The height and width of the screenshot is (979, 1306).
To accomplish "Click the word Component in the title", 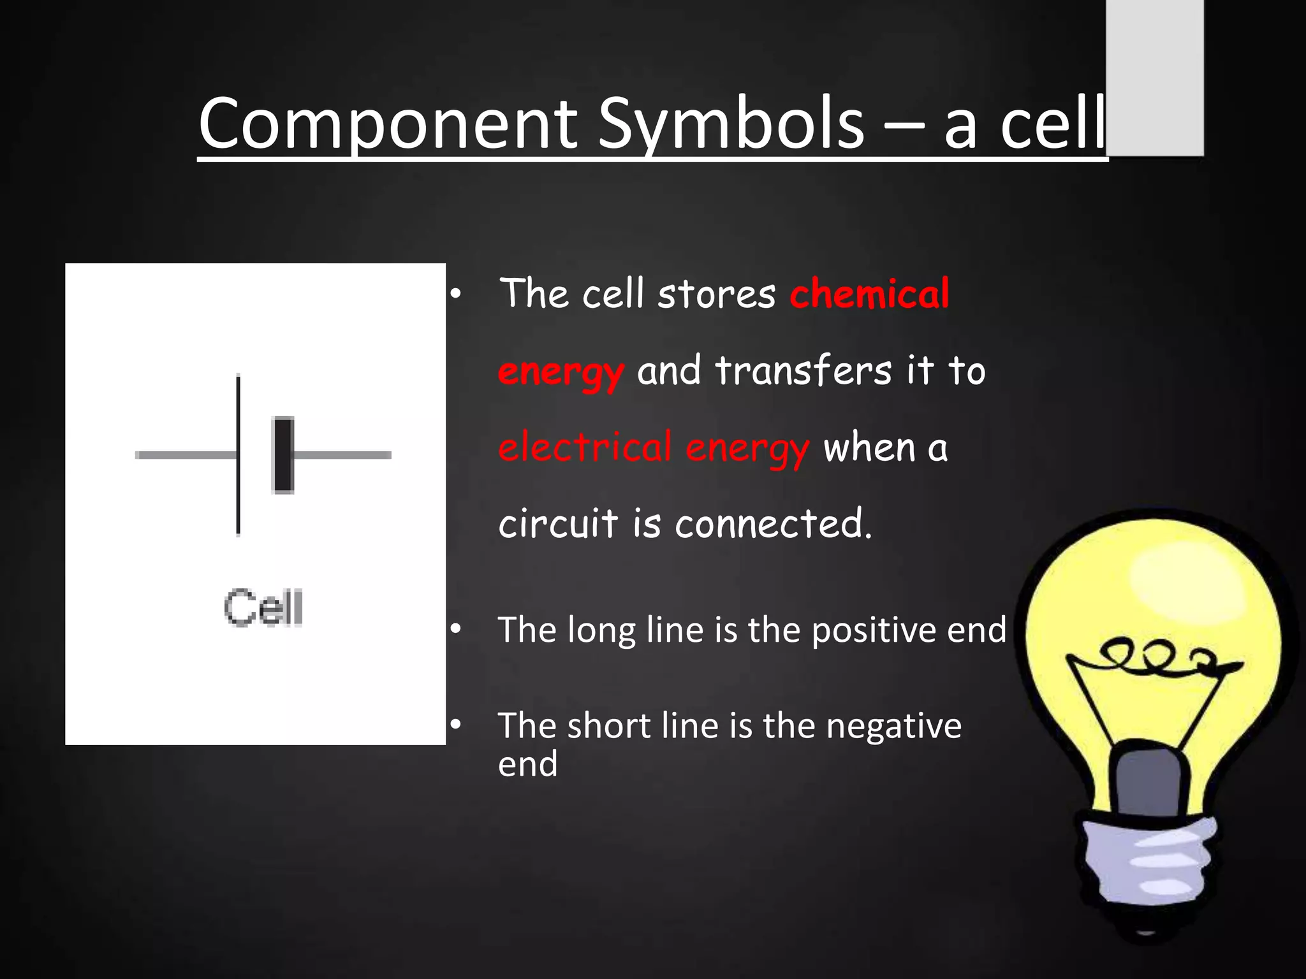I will [x=388, y=124].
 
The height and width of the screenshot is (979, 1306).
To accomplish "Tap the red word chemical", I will [x=869, y=294].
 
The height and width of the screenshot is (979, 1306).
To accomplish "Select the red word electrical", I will [x=585, y=447].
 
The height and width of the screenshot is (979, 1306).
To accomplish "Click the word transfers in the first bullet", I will [x=803, y=371].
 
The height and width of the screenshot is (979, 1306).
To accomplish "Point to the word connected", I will [x=772, y=524].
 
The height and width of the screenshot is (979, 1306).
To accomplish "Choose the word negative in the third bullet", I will [x=893, y=726].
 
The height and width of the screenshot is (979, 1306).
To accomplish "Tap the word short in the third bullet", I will [x=608, y=726].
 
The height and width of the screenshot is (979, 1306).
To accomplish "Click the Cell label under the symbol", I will [x=263, y=608].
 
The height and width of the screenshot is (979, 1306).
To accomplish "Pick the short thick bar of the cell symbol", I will [x=283, y=455].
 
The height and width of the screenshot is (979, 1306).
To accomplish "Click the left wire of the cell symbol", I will [x=185, y=455].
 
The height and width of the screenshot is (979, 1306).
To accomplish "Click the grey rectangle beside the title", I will [x=1154, y=76].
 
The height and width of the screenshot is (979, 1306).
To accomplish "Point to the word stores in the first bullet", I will [x=716, y=294].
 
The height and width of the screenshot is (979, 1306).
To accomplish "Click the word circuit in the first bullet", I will [x=558, y=524].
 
